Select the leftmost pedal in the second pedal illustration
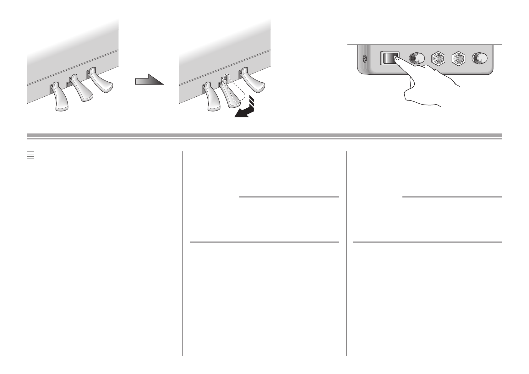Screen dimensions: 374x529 (212, 99)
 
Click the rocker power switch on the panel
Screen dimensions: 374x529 (390, 58)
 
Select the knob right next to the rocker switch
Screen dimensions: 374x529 (417, 58)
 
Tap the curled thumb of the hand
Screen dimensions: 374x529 (412, 91)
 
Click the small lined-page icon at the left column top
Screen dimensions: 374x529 (30, 155)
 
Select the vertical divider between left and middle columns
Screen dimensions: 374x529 (183, 251)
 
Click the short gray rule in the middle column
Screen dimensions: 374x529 (289, 197)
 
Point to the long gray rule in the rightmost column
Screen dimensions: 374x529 (427, 242)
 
